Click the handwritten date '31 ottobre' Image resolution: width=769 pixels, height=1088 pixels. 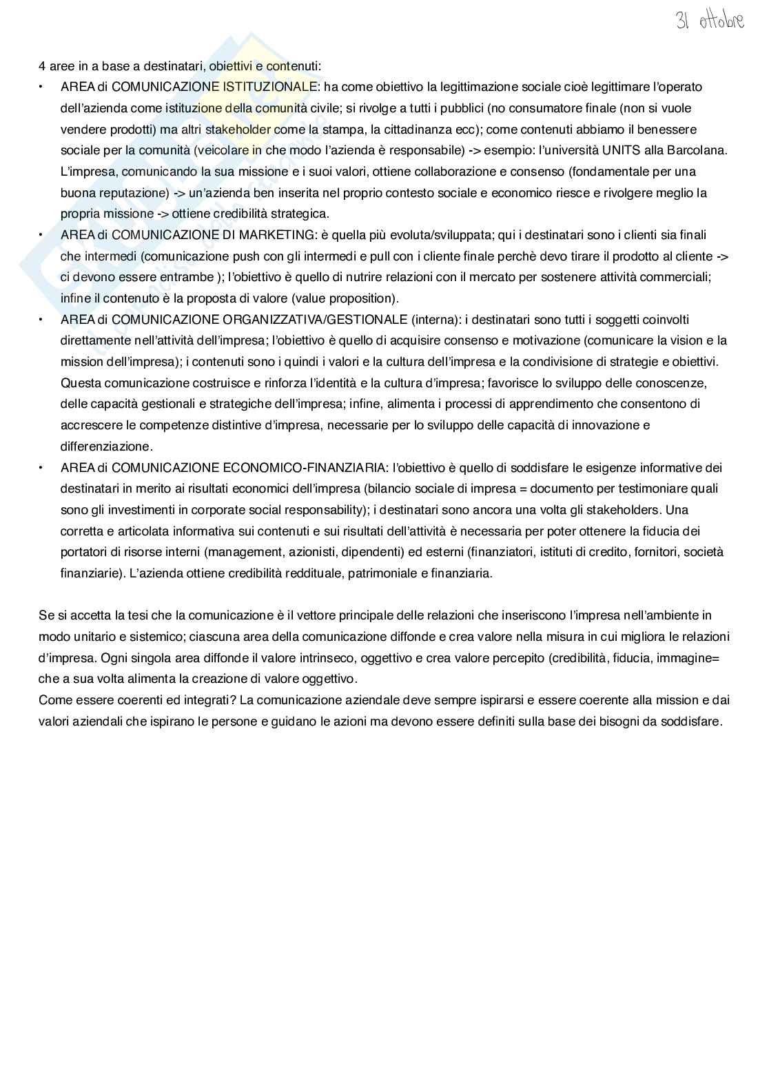tap(709, 21)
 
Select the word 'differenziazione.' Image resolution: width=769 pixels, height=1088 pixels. tap(105, 447)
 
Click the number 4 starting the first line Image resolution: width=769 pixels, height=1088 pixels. tap(42, 66)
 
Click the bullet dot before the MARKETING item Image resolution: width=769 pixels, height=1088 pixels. tap(41, 235)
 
